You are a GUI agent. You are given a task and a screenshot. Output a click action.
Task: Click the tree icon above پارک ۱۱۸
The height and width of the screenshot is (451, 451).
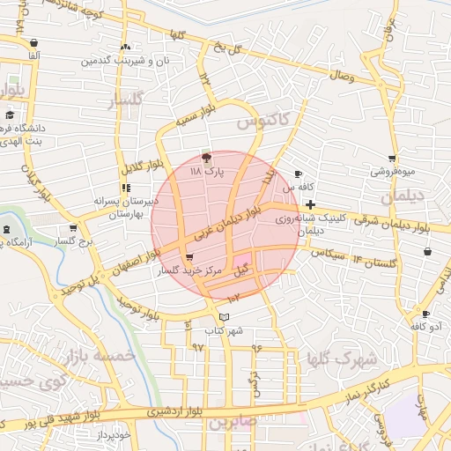pyautogui.click(x=206, y=159)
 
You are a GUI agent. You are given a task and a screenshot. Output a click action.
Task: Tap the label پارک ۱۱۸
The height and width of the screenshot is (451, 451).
pyautogui.click(x=209, y=173)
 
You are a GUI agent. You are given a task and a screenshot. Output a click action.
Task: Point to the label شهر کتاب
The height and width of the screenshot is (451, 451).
pyautogui.click(x=224, y=331)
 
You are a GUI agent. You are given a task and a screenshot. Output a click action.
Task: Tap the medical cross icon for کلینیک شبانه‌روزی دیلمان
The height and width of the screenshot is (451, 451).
pyautogui.click(x=310, y=204)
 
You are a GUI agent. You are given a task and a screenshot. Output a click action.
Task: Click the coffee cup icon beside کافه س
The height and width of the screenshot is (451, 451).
pyautogui.click(x=298, y=174)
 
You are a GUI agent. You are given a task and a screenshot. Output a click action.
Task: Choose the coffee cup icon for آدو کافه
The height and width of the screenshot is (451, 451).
pyautogui.click(x=425, y=314)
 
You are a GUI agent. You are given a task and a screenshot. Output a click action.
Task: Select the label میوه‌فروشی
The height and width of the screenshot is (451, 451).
pyautogui.click(x=391, y=172)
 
